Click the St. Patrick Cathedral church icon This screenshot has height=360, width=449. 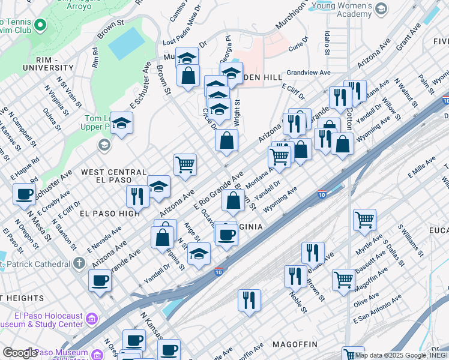pos(79,263)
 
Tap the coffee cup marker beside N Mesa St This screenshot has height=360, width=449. pos(24,194)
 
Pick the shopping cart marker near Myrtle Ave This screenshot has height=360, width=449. pos(364,220)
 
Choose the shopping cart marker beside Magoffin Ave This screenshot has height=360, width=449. pos(343,279)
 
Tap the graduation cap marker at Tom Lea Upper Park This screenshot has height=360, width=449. pos(121,123)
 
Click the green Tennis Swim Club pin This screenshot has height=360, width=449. pos(40,25)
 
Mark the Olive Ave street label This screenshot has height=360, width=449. pos(366,298)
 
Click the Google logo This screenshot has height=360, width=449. pos(19,353)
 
